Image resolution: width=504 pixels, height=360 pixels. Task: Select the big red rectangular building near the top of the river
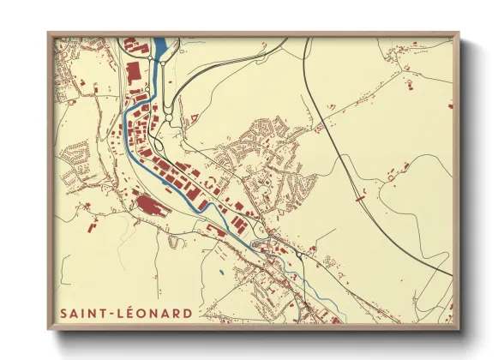[135, 71]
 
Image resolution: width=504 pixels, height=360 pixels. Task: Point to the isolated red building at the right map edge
[450, 105]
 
